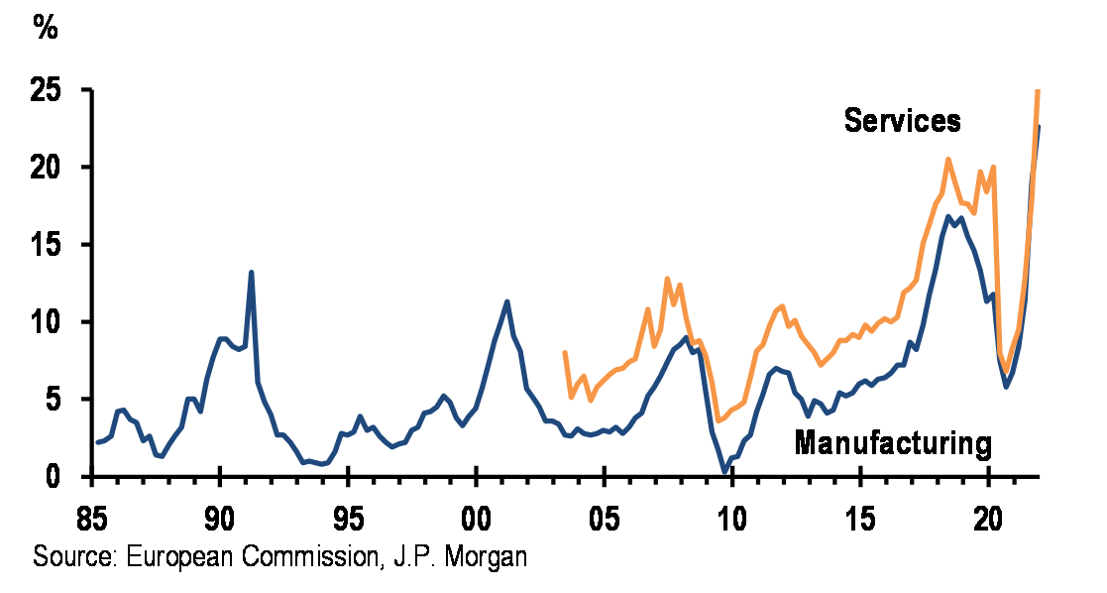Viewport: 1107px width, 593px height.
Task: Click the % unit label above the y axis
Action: click(x=46, y=27)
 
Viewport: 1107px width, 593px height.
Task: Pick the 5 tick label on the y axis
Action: click(x=56, y=400)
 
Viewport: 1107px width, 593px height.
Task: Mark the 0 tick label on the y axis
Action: click(x=56, y=477)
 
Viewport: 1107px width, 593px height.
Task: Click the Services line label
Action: click(x=902, y=121)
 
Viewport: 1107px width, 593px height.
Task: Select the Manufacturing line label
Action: click(x=893, y=443)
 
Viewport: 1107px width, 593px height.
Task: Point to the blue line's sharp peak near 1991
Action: click(x=252, y=272)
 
